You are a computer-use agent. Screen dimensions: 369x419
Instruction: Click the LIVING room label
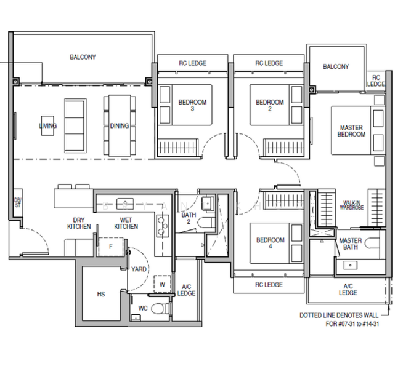click(x=47, y=126)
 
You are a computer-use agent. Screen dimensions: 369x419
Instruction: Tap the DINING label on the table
click(x=120, y=126)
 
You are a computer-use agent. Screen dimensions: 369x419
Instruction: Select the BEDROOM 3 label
click(x=192, y=106)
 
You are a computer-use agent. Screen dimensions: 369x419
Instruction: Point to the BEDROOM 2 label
click(x=269, y=106)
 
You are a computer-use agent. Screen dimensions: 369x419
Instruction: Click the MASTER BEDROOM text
click(x=352, y=131)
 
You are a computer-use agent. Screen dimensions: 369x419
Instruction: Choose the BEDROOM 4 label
click(x=270, y=244)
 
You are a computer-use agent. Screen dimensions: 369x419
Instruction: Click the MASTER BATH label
click(x=351, y=245)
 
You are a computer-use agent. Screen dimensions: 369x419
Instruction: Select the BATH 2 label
click(x=189, y=219)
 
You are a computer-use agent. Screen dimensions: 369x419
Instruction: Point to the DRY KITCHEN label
click(x=79, y=223)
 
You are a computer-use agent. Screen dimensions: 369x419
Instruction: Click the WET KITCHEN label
click(x=126, y=223)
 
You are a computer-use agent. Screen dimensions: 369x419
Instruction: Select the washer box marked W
click(x=163, y=284)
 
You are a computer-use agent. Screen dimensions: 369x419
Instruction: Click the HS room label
click(x=100, y=295)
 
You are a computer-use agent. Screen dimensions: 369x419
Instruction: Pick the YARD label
click(x=139, y=269)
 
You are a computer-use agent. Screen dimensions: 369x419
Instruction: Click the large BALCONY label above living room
click(x=83, y=57)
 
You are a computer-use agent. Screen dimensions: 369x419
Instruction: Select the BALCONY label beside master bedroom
click(x=336, y=67)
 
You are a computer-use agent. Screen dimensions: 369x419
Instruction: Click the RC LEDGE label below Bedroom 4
click(x=269, y=285)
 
